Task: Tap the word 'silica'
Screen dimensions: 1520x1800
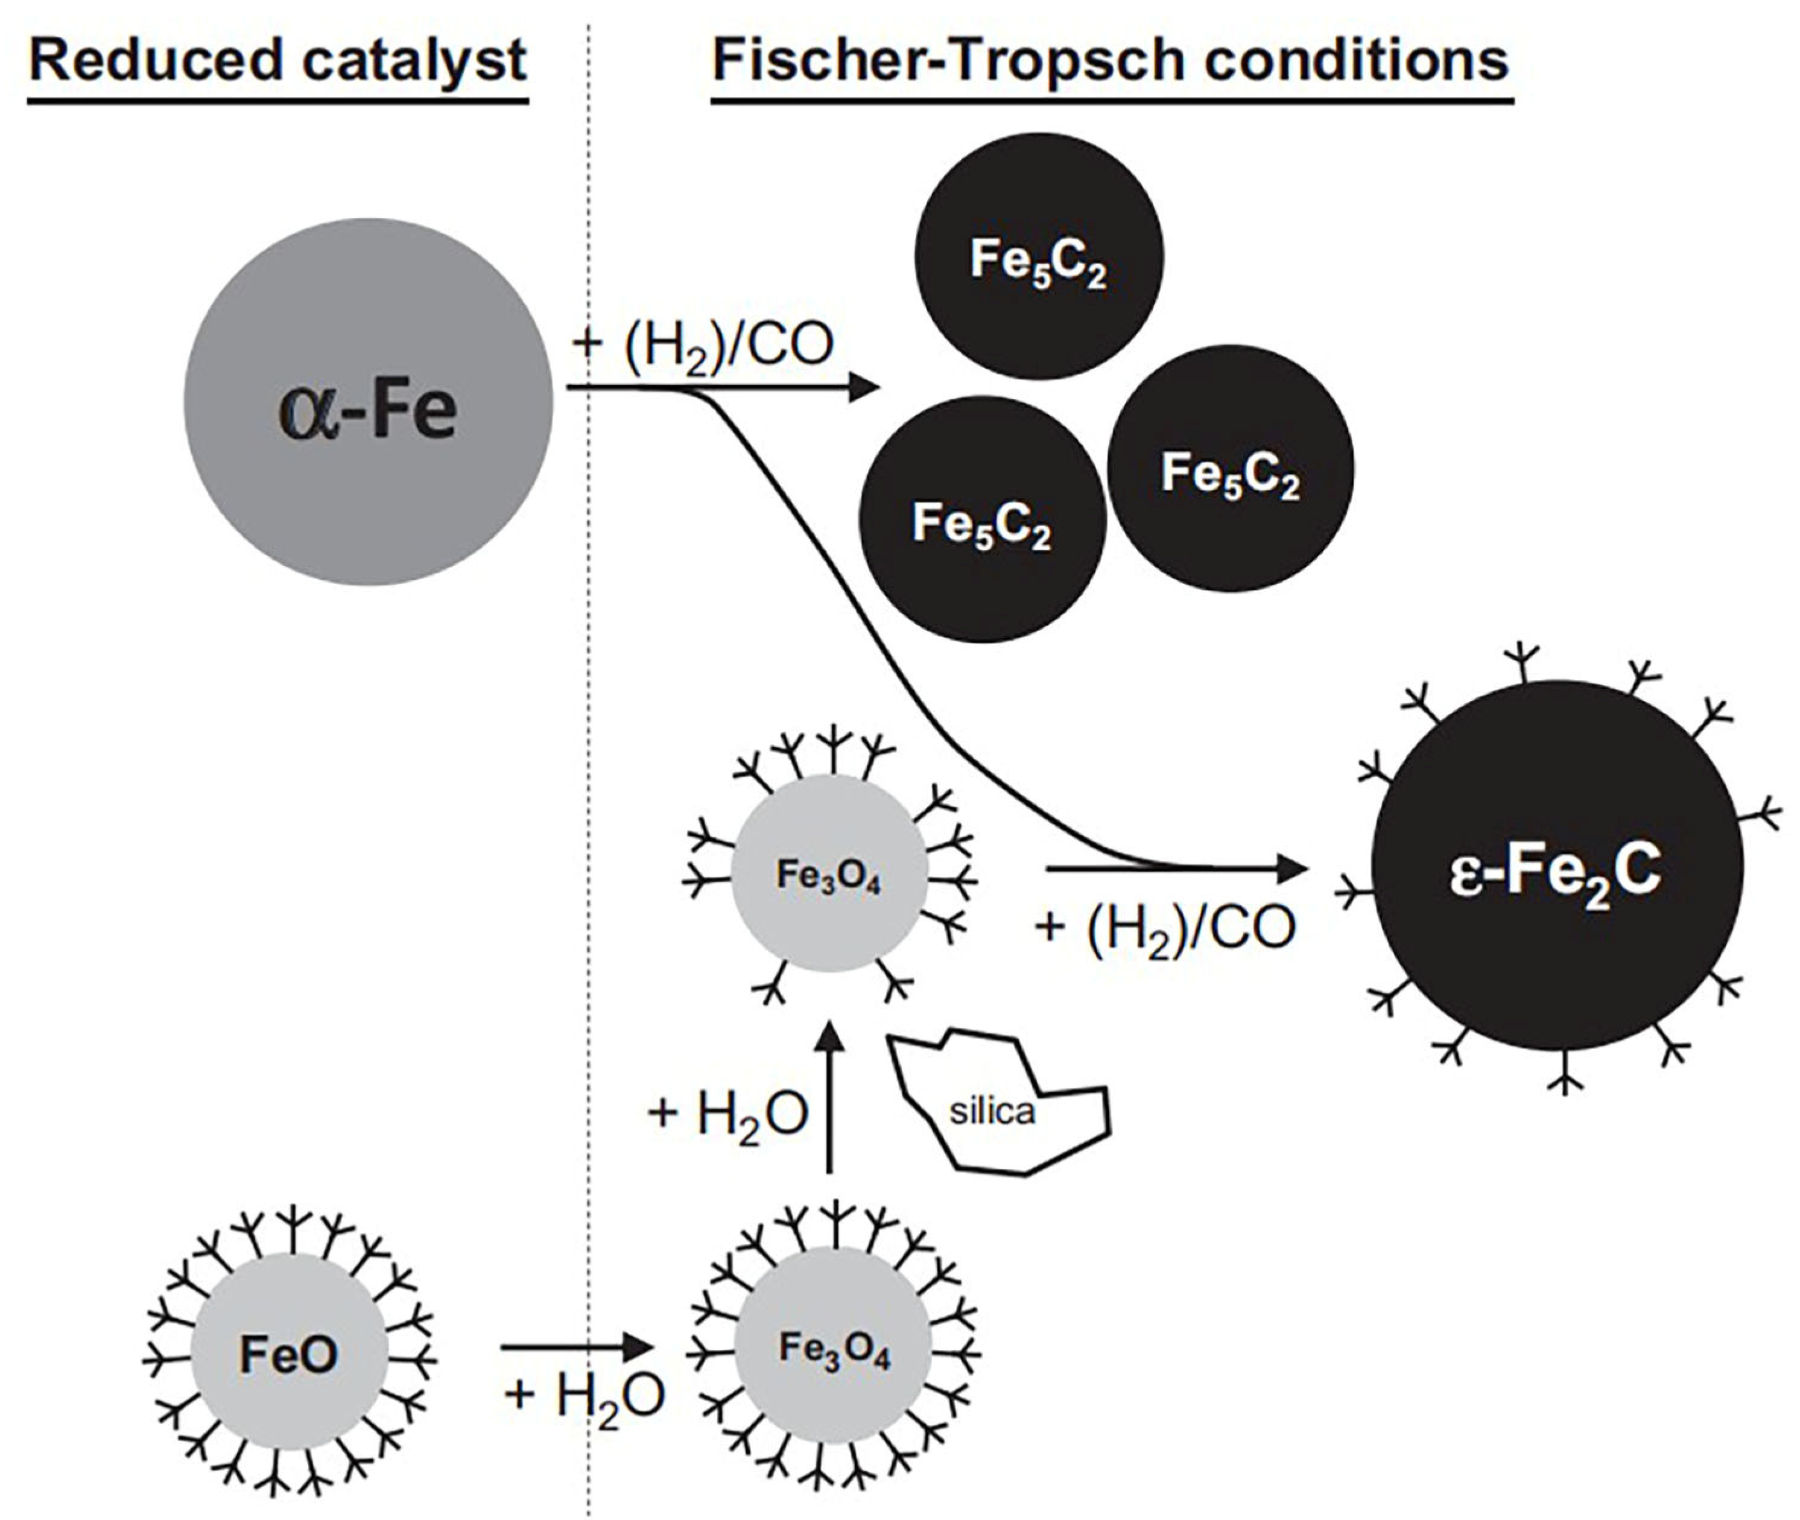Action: coord(992,1112)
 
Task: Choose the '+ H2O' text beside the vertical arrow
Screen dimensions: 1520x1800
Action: coord(728,1114)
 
